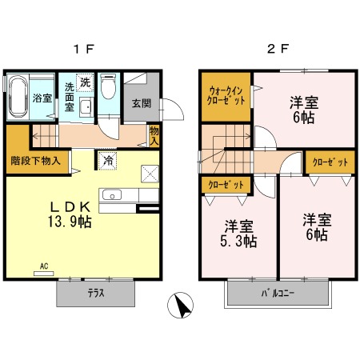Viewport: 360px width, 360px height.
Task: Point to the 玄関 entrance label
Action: pyautogui.click(x=141, y=103)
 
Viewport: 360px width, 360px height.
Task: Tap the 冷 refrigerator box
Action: pyautogui.click(x=106, y=160)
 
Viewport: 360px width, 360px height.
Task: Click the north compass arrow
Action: pyautogui.click(x=183, y=305)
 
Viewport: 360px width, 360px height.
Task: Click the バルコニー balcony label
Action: pyautogui.click(x=278, y=294)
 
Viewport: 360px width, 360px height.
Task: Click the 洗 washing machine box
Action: pyautogui.click(x=85, y=82)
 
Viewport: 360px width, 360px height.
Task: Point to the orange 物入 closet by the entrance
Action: pyautogui.click(x=154, y=135)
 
